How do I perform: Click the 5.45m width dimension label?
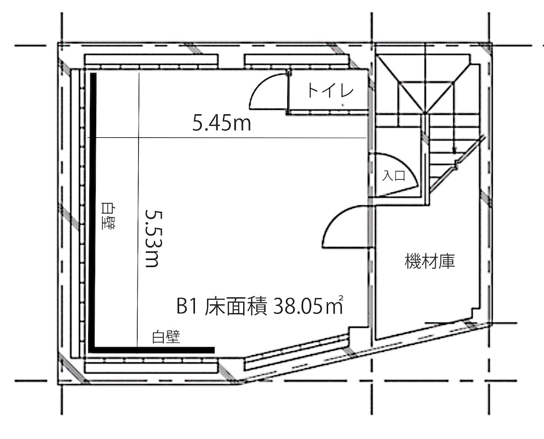222,123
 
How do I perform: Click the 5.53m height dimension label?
152,238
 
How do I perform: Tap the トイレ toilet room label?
330,90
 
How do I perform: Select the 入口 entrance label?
394,175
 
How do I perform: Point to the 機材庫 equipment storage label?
430,261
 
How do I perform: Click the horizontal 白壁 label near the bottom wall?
166,337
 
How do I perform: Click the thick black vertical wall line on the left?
93,212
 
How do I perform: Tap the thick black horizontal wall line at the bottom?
153,350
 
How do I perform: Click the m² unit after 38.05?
335,306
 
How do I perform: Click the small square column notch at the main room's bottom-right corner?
358,336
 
